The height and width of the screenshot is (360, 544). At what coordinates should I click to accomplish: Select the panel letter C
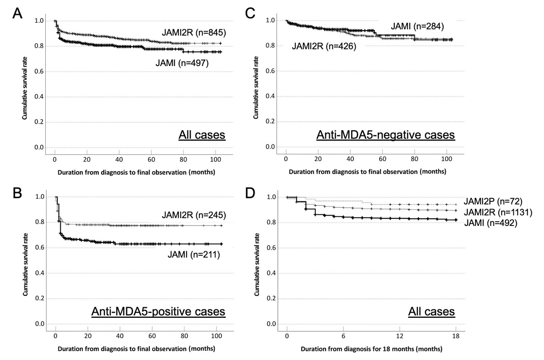250,13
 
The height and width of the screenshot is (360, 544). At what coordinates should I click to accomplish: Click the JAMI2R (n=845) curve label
193,32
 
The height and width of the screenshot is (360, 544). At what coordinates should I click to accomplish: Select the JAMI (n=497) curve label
182,63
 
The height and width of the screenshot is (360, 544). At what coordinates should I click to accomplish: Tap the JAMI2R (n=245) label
193,215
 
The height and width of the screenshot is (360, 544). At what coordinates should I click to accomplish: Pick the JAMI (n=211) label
193,254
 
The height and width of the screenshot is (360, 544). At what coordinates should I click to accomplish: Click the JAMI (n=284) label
417,27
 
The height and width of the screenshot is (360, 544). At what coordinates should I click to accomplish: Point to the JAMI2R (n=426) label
324,46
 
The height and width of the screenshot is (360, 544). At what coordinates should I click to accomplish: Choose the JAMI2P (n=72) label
493,201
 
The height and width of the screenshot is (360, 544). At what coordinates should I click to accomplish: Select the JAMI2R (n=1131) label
498,212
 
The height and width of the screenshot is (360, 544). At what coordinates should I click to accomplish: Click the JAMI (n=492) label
491,222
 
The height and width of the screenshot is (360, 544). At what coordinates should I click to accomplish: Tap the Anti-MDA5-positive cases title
158,311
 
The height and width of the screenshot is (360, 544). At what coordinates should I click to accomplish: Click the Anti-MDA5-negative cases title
385,135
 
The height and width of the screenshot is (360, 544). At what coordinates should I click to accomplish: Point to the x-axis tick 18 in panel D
456,336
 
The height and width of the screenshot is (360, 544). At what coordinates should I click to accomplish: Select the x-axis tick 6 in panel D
343,336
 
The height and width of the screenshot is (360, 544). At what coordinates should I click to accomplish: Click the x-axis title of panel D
371,349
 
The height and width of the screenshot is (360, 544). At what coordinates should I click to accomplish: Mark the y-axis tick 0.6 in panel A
39,71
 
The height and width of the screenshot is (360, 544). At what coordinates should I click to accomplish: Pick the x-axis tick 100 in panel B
217,336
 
